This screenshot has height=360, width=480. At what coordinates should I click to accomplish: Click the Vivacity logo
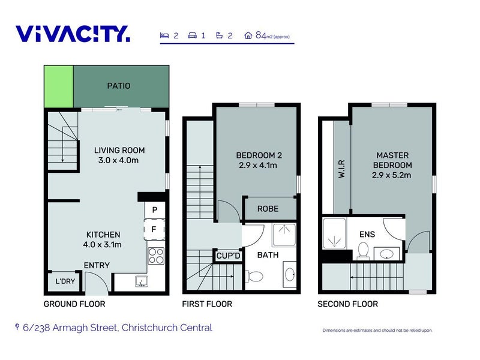pos(73,34)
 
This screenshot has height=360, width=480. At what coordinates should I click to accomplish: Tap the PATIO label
pos(119,86)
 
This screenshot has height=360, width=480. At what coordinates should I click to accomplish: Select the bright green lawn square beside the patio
pos(59,86)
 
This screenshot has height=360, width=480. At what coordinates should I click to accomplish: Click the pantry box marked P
pos(155,209)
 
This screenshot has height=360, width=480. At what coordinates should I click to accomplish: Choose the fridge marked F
pos(154,229)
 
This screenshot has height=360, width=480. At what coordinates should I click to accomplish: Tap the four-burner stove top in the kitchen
pos(156,256)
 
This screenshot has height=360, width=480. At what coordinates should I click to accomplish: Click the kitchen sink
pos(142,281)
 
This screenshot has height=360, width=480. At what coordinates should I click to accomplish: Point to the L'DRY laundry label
pos(65,281)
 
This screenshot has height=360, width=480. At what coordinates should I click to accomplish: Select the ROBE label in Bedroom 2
pos(268,209)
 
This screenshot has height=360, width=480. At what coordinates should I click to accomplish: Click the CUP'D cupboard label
pos(229,256)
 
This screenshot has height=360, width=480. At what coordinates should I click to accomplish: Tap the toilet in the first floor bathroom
pos(254,277)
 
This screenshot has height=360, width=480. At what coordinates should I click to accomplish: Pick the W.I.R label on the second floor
pos(342,169)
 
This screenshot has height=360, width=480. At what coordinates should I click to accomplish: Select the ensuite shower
pos(334,233)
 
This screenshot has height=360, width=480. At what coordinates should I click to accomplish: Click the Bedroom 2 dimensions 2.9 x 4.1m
pos(258,166)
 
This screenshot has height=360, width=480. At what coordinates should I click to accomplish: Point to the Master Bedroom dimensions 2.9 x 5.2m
pos(392,175)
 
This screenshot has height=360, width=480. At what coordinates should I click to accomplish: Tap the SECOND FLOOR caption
pos(348,304)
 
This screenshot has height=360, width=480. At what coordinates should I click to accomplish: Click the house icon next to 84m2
pos(248,35)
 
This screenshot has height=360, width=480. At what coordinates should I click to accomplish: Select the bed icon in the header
pos(164,35)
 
